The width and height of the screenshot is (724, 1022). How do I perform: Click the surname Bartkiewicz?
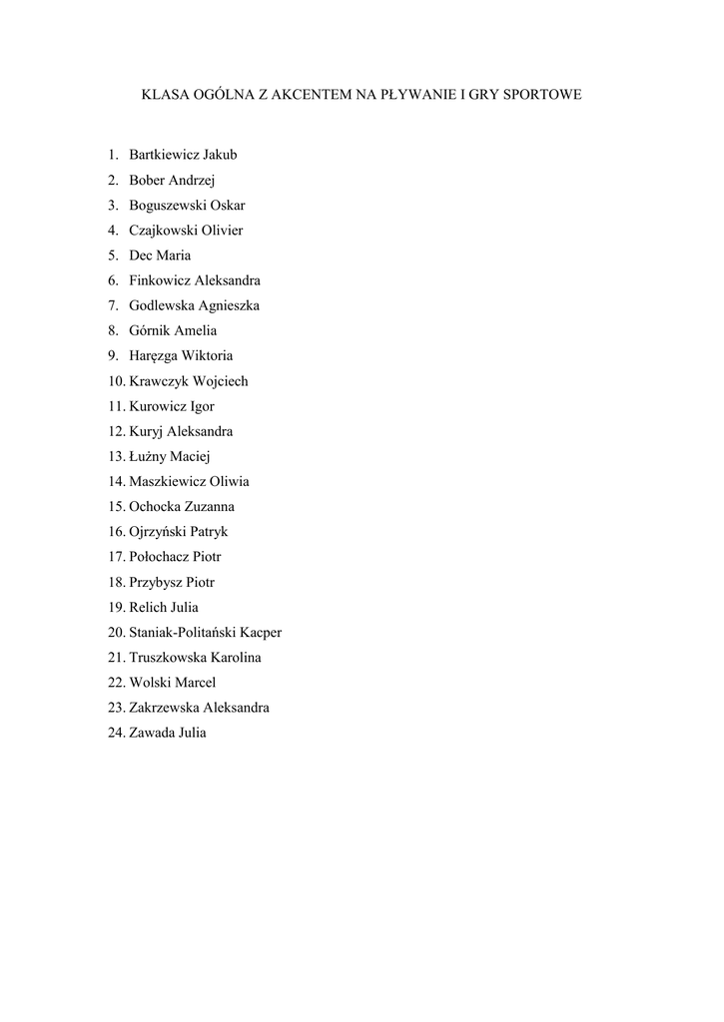165,155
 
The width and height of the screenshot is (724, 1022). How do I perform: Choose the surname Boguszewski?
167,206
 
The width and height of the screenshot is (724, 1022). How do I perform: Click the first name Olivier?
222,231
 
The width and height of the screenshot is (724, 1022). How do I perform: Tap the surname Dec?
140,255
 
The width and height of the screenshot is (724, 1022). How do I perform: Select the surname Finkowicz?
160,280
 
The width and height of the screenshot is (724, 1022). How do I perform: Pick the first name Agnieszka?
229,306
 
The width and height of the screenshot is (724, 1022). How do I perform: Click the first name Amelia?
196,330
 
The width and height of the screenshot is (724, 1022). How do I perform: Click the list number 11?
116,406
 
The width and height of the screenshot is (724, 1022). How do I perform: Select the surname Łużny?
149,456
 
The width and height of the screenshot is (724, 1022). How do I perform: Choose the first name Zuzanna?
208,507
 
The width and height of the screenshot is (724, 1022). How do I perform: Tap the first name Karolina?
236,658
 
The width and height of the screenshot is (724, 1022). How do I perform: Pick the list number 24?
116,733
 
